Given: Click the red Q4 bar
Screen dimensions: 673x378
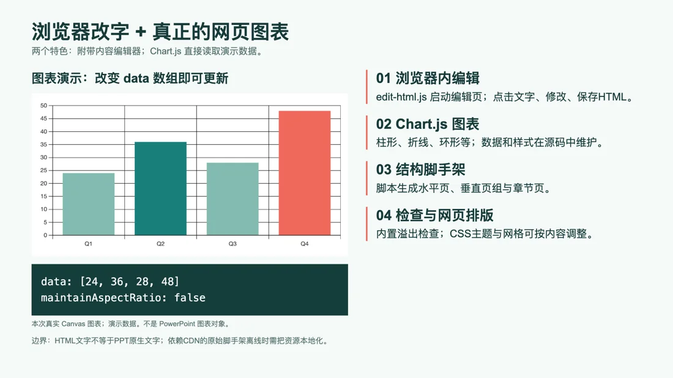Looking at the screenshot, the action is click(305, 173).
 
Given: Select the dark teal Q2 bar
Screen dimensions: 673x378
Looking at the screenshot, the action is click(160, 189).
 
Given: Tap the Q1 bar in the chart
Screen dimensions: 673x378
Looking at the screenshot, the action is click(89, 204).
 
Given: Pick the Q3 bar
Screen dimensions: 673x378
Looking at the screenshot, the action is click(232, 199).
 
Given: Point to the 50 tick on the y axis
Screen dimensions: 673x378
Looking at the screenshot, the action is click(44, 106).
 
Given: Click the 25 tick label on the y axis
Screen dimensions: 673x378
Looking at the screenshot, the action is click(44, 170).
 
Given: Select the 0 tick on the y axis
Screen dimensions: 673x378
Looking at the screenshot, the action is click(45, 235).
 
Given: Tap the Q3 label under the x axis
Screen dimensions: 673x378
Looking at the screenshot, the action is click(232, 244).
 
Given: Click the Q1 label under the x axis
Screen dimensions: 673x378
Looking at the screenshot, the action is click(88, 244).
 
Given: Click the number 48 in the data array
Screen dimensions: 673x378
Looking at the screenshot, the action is click(167, 282).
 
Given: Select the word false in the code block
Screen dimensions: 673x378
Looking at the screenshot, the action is click(190, 298).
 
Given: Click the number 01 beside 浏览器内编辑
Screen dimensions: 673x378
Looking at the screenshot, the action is click(383, 78).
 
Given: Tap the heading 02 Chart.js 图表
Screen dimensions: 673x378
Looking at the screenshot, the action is click(428, 124).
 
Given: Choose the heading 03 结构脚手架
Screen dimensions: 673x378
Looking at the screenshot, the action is click(421, 170).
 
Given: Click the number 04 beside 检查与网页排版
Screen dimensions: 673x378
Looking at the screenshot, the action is click(383, 215).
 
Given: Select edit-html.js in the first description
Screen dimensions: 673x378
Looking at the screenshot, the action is click(401, 97).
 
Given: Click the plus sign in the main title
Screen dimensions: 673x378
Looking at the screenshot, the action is click(141, 32).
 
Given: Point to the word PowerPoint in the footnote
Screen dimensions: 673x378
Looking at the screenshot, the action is click(177, 324).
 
